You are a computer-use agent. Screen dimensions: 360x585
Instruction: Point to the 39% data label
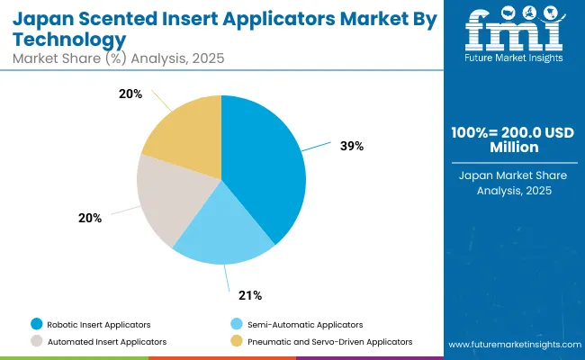[353, 146]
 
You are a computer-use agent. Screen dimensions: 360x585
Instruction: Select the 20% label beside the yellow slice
[130, 94]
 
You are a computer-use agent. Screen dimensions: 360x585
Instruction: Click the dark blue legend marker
[36, 323]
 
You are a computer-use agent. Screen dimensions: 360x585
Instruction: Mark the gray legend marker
[36, 341]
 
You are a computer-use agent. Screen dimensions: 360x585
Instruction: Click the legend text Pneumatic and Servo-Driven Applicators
[331, 341]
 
